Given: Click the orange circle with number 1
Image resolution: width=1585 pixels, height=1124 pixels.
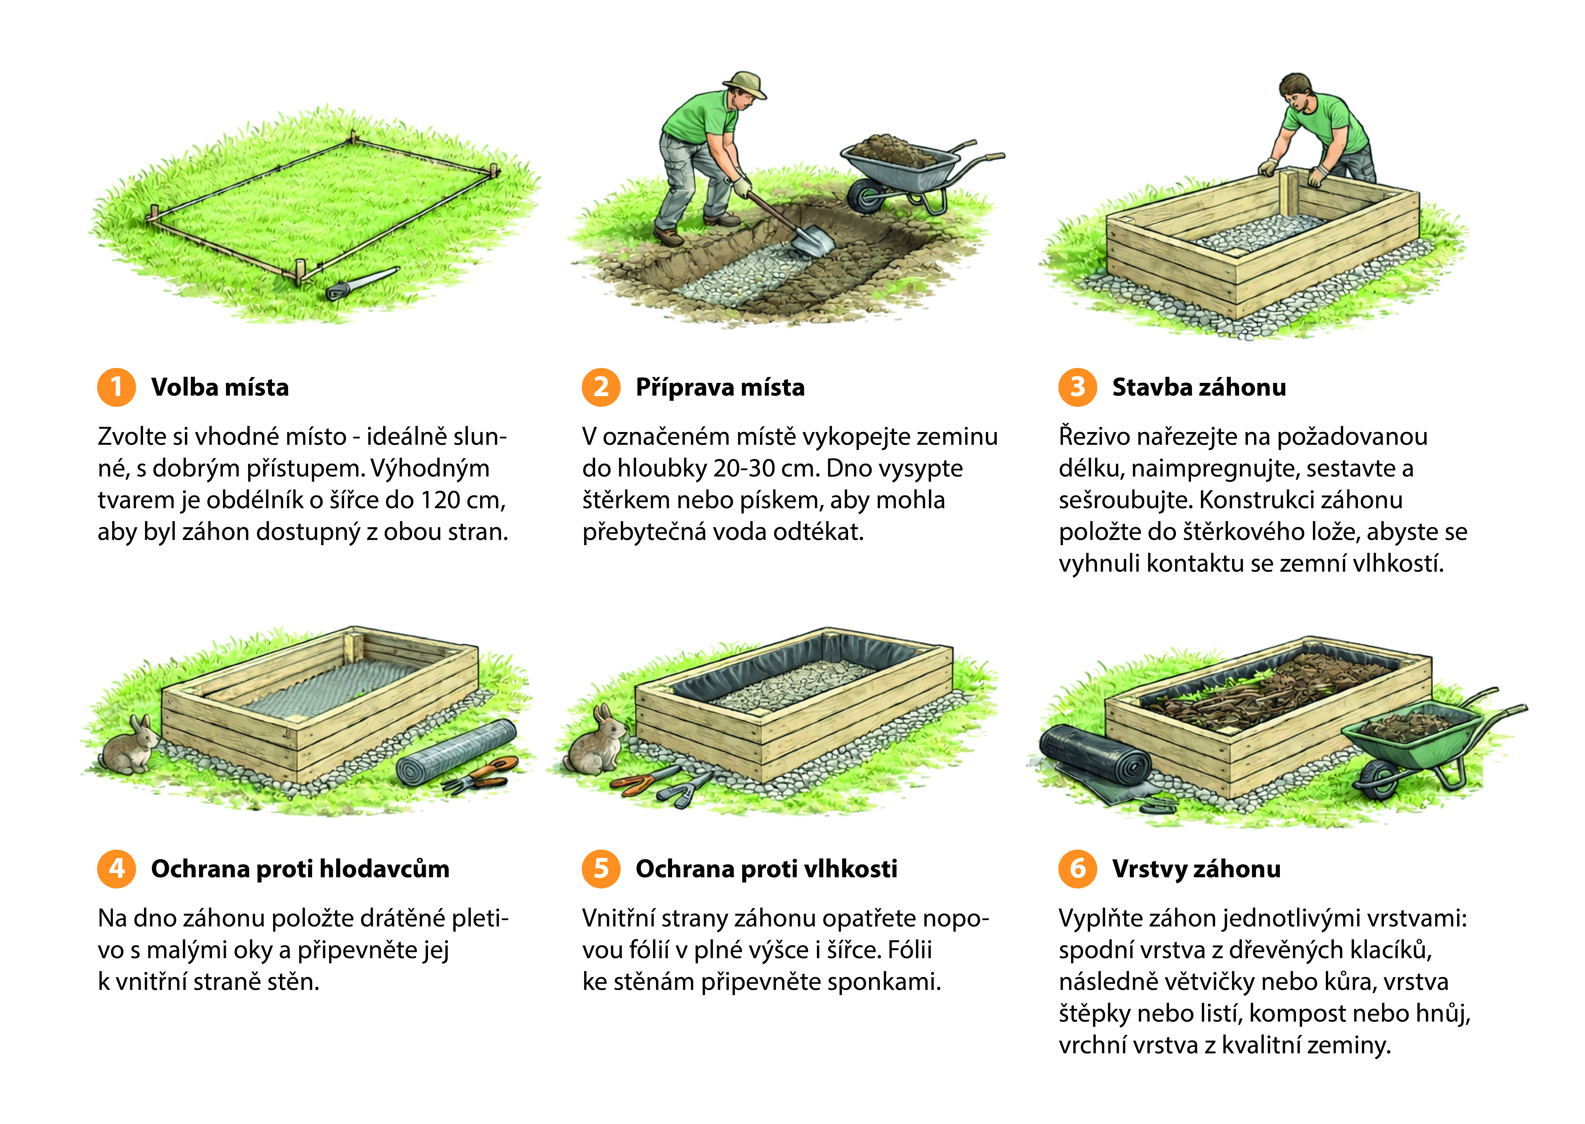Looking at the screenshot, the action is pyautogui.click(x=116, y=387).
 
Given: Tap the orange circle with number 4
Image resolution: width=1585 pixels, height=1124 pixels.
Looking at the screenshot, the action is pyautogui.click(x=116, y=869).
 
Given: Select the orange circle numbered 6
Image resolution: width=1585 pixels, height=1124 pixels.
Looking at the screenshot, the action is pyautogui.click(x=1077, y=869).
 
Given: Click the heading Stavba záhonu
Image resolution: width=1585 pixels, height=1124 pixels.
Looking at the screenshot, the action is pyautogui.click(x=1199, y=387).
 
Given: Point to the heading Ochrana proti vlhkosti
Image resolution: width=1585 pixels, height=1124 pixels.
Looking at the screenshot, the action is pyautogui.click(x=766, y=869).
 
